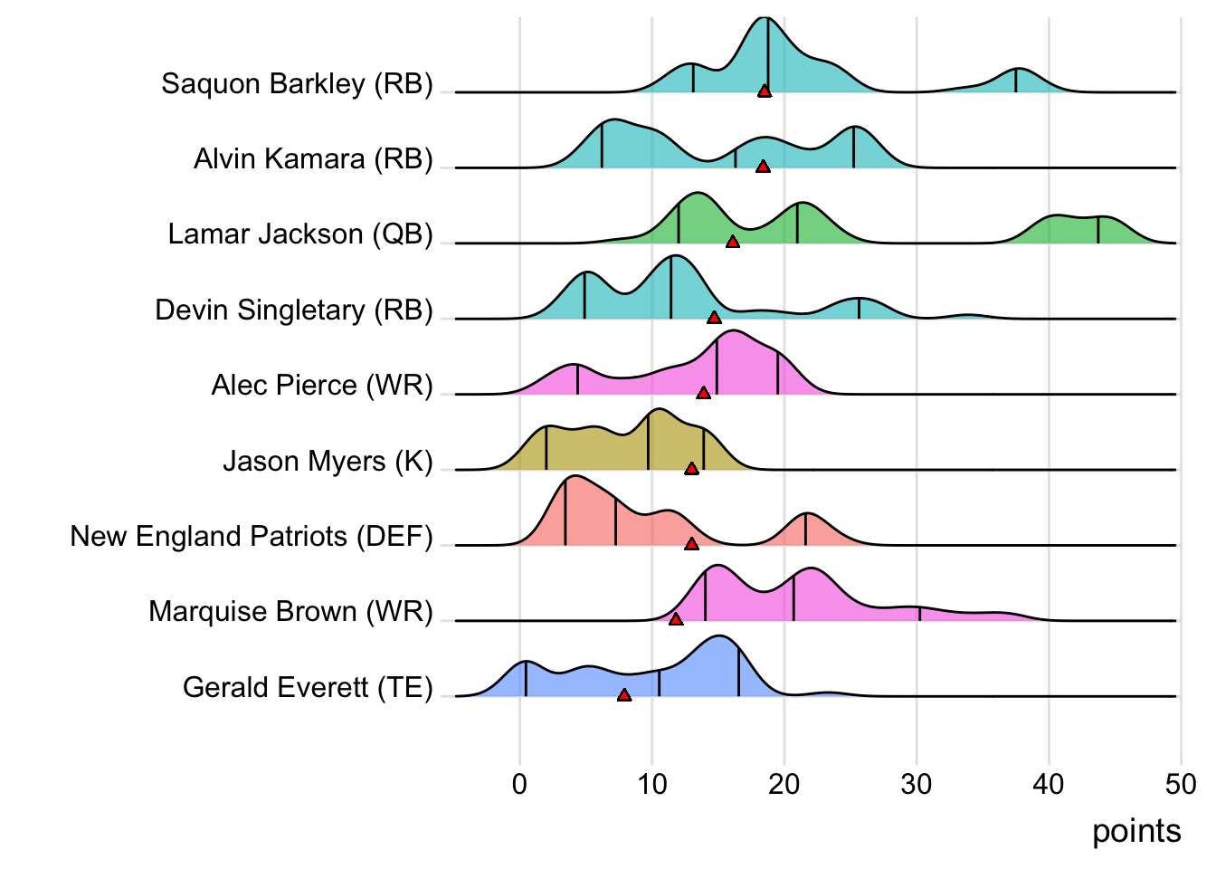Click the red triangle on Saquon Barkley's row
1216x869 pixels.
765,91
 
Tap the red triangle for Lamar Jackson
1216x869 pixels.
733,242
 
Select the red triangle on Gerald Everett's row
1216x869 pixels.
624,695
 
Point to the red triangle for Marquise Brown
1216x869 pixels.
676,619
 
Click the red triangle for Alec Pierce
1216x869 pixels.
704,393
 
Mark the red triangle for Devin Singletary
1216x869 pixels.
714,318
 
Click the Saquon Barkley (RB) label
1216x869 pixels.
297,84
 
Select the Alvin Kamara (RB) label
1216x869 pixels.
313,159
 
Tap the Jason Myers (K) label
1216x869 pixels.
328,462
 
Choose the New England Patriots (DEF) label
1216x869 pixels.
252,537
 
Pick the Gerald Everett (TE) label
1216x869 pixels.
308,688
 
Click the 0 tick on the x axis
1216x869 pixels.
519,784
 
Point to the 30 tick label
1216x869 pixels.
917,784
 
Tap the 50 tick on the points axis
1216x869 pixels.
1181,784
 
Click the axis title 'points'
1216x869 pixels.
1136,831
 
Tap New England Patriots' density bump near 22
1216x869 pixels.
806,530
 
